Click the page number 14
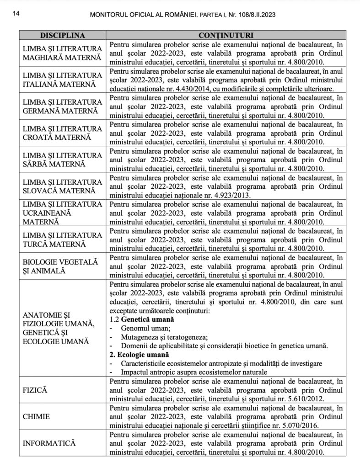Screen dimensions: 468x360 coord(16,14)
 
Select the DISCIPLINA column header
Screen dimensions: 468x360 coord(63,35)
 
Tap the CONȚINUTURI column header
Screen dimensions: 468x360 coord(226,35)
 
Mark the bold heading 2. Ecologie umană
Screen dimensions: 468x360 coord(140,355)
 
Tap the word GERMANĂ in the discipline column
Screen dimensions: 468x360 coord(41,111)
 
